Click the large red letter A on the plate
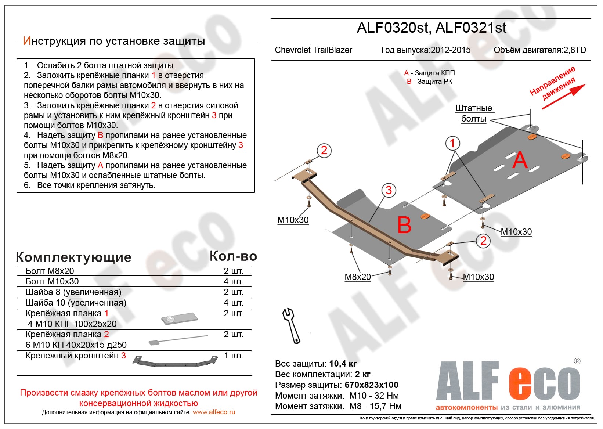pos(520,160)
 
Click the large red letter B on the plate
pos(404,225)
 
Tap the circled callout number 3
pos(389,190)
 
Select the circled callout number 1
pos(452,143)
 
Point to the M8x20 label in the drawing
pos(357,277)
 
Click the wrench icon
pos(291,325)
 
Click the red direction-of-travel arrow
pos(563,97)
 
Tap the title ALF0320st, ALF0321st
pos(432,28)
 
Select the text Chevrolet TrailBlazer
pos(313,50)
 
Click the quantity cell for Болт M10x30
pos(233,282)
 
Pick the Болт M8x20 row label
pos(50,271)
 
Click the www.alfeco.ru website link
pos(214,412)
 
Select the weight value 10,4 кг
pos(343,364)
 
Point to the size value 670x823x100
pos(371,385)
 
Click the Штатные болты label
pos(473,113)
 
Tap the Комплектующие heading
pos(73,257)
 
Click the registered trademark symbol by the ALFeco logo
pos(577,361)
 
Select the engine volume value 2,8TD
pos(575,50)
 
